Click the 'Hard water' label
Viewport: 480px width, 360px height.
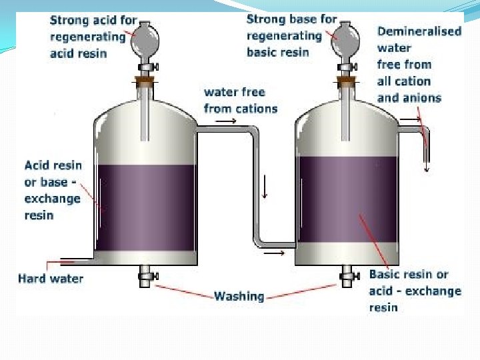(x=51, y=278)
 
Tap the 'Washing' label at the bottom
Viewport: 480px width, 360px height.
(x=239, y=296)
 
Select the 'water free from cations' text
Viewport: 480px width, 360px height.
(x=240, y=100)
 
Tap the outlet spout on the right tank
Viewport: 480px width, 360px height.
(x=425, y=143)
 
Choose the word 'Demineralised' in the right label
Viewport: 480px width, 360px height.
(x=419, y=31)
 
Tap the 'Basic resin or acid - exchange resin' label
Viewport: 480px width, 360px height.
(x=415, y=291)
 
